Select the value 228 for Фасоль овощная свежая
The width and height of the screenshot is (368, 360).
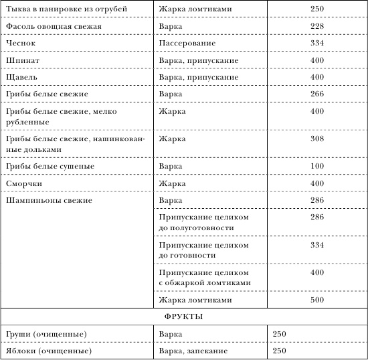click(x=318, y=25)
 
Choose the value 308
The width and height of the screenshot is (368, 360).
click(x=318, y=139)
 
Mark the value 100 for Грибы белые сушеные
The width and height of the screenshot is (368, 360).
click(x=318, y=165)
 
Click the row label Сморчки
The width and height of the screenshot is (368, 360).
click(x=23, y=183)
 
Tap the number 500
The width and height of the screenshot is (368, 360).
click(x=318, y=300)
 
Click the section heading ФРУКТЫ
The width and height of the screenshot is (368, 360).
click(x=183, y=317)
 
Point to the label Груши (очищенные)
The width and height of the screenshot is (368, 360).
click(x=45, y=333)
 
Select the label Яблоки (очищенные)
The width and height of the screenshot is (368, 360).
click(x=48, y=351)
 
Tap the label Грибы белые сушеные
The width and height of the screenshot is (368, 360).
click(x=49, y=165)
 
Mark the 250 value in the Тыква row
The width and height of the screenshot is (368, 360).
click(x=318, y=8)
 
